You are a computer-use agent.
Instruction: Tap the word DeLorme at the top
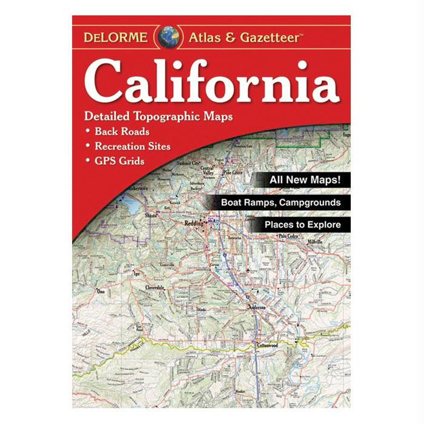115,37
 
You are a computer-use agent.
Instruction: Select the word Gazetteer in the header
268,38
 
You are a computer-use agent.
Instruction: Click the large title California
211,81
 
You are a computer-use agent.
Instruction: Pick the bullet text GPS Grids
120,161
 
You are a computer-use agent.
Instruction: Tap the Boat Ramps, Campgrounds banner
279,203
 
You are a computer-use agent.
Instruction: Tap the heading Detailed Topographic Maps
159,115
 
